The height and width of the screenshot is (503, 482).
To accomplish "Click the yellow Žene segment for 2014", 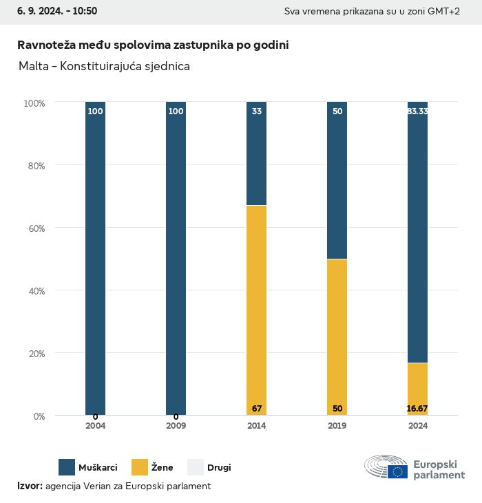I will pos(256,310).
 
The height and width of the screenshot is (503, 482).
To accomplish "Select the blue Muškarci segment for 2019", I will pos(337,180).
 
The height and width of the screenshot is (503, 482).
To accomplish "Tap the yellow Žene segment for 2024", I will pos(417,389).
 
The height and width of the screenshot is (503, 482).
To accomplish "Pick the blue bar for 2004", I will pos(95,258).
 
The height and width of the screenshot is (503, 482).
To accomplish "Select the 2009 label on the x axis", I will pos(176,426).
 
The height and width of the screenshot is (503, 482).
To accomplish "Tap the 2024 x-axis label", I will pos(417,426).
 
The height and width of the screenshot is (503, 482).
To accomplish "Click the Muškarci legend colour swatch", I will pos(67,467).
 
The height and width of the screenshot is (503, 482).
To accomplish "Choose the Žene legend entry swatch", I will pos(140,467).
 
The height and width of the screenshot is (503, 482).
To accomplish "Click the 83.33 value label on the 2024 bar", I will pos(417,111).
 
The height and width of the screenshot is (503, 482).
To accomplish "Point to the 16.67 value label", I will pos(417,409).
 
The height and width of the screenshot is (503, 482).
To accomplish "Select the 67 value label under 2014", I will pos(256,409).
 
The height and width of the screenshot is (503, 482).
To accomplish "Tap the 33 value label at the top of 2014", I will pos(256,111).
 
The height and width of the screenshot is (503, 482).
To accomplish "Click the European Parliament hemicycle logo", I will pos(386,467).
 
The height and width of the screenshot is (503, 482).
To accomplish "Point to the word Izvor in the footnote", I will pos(29,486).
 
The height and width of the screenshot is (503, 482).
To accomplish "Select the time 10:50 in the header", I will pos(84,11).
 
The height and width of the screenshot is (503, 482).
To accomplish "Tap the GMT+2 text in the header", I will pos(442,12).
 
